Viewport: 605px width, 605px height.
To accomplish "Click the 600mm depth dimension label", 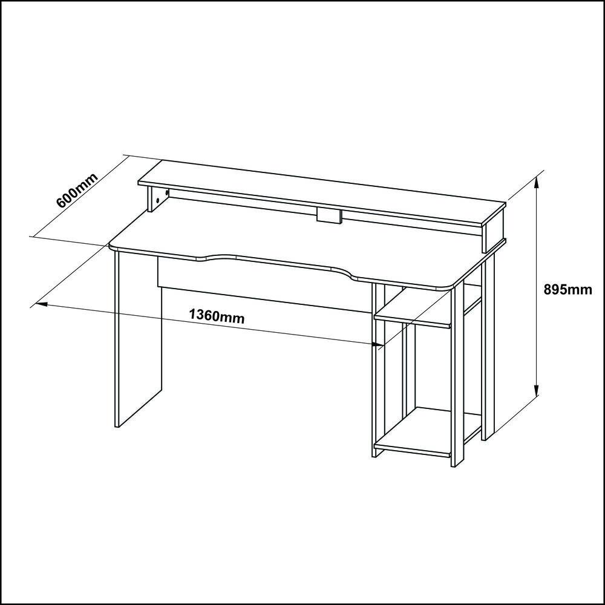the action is point(77,190).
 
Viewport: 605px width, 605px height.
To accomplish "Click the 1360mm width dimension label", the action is point(217,316).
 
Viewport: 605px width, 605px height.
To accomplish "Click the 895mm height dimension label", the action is point(567,289).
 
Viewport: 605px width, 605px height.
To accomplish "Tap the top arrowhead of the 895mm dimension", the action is point(536,183).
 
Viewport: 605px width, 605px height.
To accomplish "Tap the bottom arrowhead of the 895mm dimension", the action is point(536,390).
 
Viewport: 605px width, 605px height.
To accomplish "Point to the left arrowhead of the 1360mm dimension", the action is point(41,304).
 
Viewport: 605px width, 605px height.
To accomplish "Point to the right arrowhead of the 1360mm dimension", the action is point(378,344).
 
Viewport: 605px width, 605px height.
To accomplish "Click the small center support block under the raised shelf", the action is point(329,216).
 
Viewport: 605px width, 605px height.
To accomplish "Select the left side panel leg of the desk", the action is point(138,339).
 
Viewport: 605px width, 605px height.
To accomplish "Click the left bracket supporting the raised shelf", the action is point(158,200).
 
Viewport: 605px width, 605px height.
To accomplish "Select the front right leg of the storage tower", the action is point(457,376).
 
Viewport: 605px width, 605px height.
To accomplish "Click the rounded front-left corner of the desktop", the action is point(113,247).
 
